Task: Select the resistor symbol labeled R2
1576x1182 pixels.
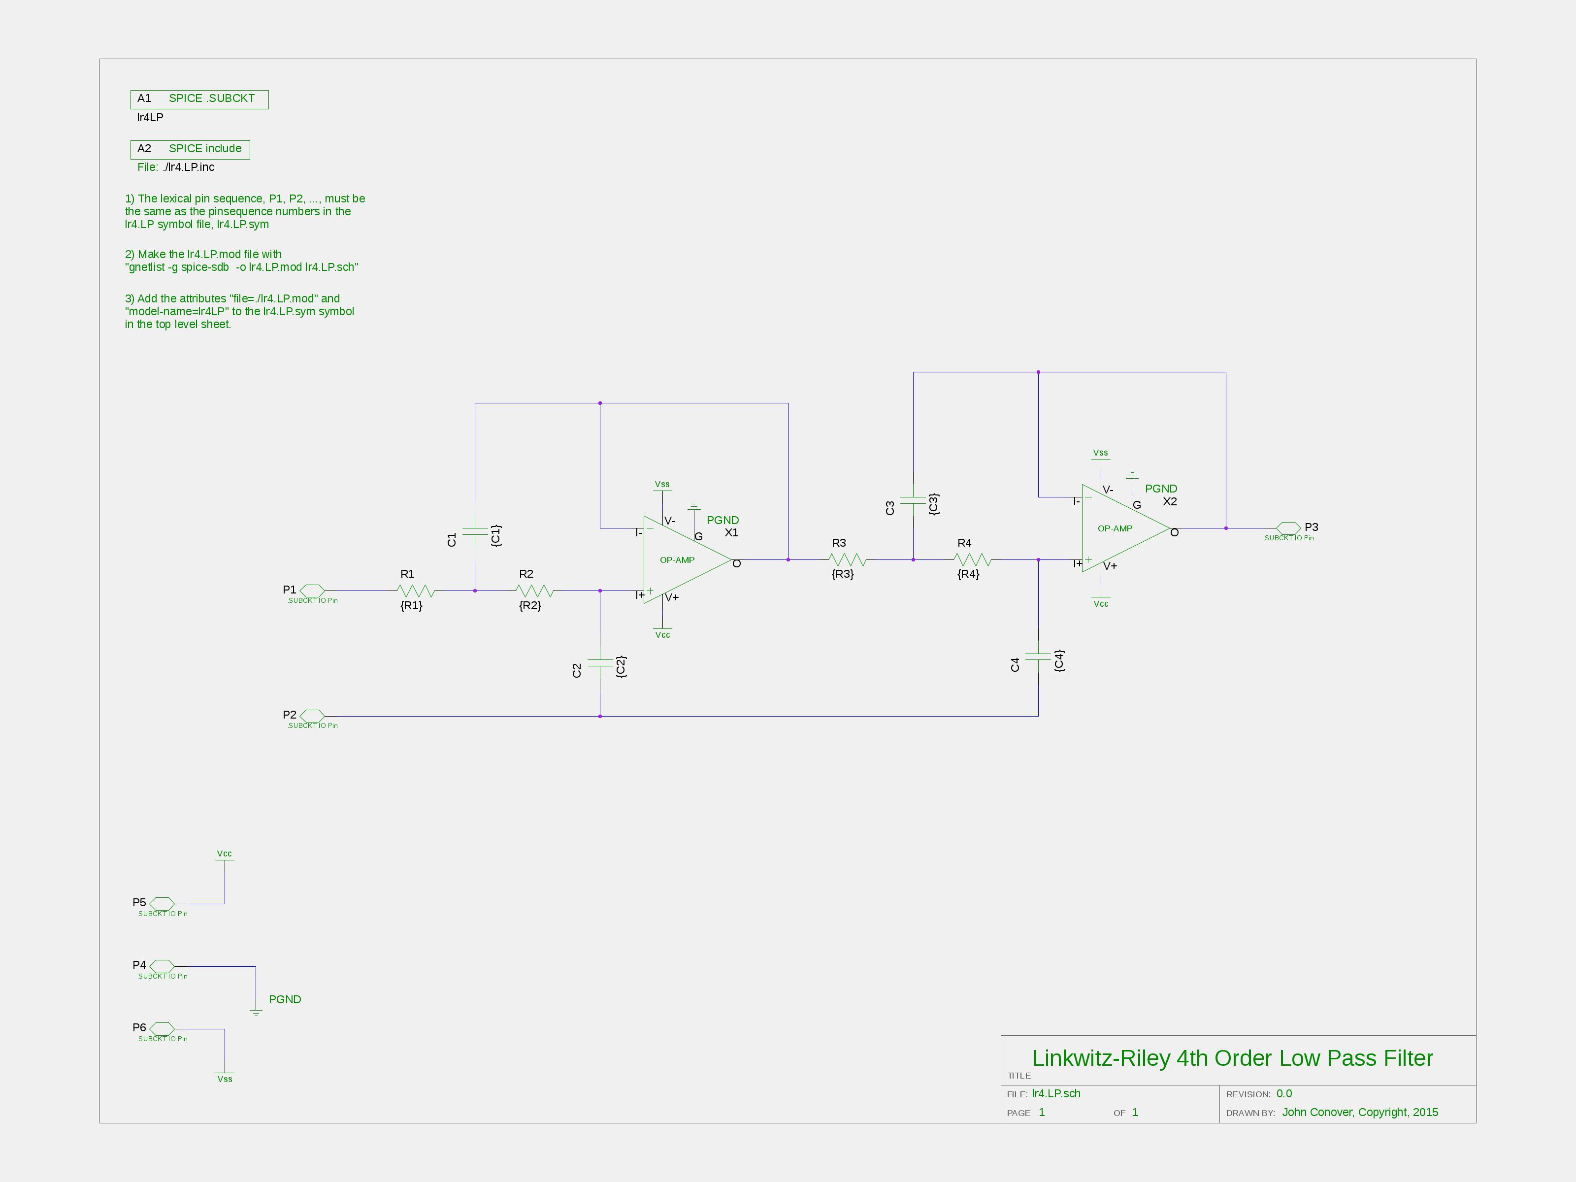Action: click(x=535, y=591)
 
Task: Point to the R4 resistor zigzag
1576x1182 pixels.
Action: click(x=973, y=559)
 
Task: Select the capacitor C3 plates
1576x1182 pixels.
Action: click(x=914, y=500)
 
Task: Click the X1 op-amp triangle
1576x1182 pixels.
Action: click(x=688, y=559)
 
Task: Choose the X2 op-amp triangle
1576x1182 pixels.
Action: click(x=1126, y=528)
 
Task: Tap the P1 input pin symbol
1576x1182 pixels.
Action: click(x=312, y=591)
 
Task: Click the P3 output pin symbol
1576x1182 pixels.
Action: click(x=1288, y=528)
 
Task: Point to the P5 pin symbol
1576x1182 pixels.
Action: click(x=162, y=903)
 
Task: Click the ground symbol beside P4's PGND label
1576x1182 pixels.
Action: click(x=256, y=1012)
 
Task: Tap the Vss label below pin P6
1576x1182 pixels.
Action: click(x=225, y=1079)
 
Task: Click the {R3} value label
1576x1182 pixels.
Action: click(x=843, y=574)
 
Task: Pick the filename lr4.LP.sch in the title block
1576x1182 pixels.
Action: click(x=1056, y=1094)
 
